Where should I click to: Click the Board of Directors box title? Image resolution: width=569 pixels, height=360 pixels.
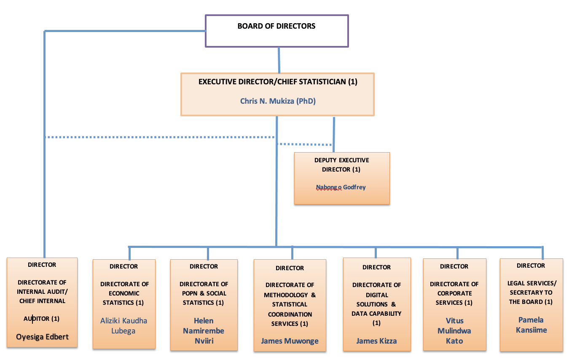pyautogui.click(x=276, y=26)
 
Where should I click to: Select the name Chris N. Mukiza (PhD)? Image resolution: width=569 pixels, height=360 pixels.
pyautogui.click(x=278, y=101)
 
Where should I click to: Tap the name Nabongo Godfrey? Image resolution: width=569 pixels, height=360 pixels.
pyautogui.click(x=341, y=187)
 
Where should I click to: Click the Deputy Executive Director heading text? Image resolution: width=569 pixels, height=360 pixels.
pyautogui.click(x=341, y=165)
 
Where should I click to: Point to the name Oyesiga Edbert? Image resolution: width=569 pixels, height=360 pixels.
pyautogui.click(x=42, y=337)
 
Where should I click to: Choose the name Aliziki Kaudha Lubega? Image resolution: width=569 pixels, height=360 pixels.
pyautogui.click(x=123, y=326)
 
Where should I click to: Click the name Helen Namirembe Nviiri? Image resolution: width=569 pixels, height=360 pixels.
pyautogui.click(x=204, y=331)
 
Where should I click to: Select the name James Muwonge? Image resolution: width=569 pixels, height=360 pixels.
pyautogui.click(x=290, y=341)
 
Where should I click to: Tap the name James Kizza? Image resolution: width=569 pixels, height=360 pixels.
pyautogui.click(x=376, y=341)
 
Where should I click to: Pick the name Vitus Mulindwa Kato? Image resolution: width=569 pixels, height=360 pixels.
pyautogui.click(x=454, y=331)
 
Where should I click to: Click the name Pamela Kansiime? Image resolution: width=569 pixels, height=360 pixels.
pyautogui.click(x=531, y=325)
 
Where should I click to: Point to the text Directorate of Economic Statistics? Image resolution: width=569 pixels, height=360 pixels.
pyautogui.click(x=124, y=293)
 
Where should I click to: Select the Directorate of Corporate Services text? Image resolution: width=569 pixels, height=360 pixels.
pyautogui.click(x=454, y=293)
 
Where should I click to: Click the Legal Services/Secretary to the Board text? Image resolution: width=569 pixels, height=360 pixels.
pyautogui.click(x=531, y=293)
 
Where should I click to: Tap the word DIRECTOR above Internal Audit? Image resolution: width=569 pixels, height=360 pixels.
pyautogui.click(x=42, y=265)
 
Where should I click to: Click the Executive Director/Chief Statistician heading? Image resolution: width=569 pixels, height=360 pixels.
pyautogui.click(x=278, y=82)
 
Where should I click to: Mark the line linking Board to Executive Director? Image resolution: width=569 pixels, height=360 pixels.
pyautogui.click(x=279, y=60)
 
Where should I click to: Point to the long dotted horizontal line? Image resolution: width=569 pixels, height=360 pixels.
pyautogui.click(x=160, y=137)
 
